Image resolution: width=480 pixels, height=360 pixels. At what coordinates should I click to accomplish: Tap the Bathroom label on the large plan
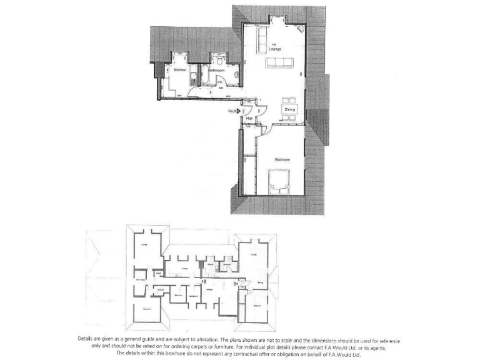216,71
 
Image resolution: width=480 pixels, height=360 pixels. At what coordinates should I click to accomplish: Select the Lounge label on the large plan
275,48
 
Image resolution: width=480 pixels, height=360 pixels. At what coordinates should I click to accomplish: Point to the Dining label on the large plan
290,110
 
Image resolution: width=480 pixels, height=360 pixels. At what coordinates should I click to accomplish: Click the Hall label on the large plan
249,117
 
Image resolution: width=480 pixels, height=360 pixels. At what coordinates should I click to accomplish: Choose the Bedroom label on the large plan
282,160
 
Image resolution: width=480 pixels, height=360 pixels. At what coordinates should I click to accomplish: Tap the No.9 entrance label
231,111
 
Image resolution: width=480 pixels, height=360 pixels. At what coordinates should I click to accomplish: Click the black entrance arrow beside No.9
238,111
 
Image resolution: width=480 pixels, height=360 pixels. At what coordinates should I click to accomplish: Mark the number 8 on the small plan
204,282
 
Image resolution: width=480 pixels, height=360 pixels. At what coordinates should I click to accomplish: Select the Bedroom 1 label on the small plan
147,309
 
